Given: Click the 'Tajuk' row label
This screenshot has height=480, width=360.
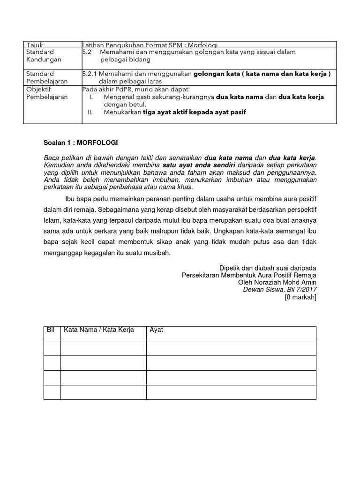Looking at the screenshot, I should pyautogui.click(x=34, y=45).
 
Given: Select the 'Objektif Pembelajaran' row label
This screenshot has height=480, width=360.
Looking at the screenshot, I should pyautogui.click(x=41, y=93).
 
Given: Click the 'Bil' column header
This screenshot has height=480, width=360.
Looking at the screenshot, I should pyautogui.click(x=52, y=330).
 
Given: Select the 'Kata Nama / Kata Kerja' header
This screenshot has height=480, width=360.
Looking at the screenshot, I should pyautogui.click(x=99, y=330).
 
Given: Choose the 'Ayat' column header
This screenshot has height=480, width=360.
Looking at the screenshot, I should pyautogui.click(x=156, y=330).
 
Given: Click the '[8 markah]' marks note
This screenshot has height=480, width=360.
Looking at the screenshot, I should pyautogui.click(x=300, y=297).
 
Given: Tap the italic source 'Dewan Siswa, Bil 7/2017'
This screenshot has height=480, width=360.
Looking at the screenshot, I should pyautogui.click(x=279, y=290).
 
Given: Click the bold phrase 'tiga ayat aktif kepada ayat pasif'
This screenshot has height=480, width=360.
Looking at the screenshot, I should pyautogui.click(x=195, y=112).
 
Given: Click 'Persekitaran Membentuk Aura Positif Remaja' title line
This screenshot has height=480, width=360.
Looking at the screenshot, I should pyautogui.click(x=249, y=275).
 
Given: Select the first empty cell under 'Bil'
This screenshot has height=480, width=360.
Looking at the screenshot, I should pyautogui.click(x=52, y=348).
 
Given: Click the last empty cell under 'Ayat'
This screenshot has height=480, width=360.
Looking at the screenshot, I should pyautogui.click(x=231, y=392).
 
